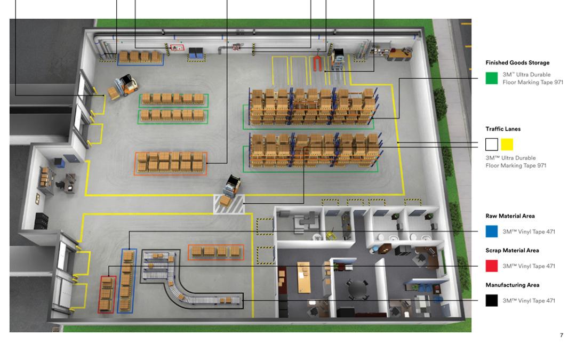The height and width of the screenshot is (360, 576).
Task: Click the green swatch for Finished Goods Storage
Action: click(491, 78)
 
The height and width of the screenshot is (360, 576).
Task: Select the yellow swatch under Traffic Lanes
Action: click(507, 144)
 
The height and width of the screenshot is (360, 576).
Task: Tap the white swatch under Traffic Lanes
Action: click(491, 144)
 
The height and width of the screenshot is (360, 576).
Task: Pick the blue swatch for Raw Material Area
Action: click(491, 231)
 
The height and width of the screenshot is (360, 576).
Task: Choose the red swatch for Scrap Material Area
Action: click(491, 266)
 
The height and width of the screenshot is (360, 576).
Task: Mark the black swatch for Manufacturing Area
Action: click(491, 300)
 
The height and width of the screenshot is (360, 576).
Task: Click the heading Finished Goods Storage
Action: click(517, 63)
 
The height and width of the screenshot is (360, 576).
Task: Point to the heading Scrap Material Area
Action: click(511, 250)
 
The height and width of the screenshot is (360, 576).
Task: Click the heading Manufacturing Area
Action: click(512, 285)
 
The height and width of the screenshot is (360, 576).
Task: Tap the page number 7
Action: click(561, 335)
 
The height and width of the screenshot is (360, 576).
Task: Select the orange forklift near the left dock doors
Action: click(123, 85)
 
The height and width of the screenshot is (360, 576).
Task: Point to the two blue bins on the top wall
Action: click(196, 52)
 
